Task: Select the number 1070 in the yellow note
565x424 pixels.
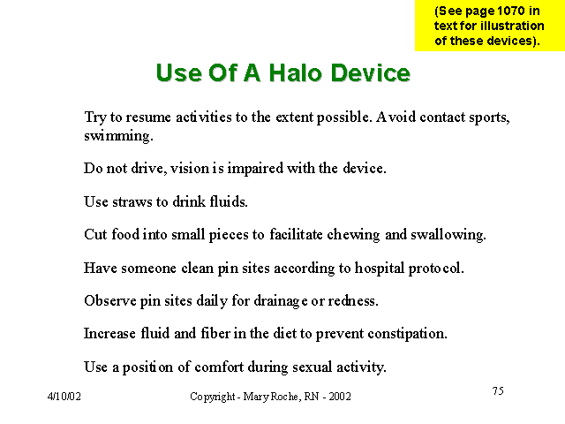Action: pos(511,11)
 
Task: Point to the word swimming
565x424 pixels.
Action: pos(118,136)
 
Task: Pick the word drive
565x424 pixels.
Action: pos(149,168)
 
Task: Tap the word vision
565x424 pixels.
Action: pos(190,168)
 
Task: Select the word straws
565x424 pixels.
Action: pos(132,202)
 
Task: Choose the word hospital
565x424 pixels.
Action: pos(380,269)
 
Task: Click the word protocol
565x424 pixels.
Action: pos(436,269)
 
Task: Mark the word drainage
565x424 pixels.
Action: pos(281,301)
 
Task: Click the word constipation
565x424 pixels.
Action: pos(408,334)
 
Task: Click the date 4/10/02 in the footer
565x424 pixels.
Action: pos(64,397)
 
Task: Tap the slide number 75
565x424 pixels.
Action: pos(498,390)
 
